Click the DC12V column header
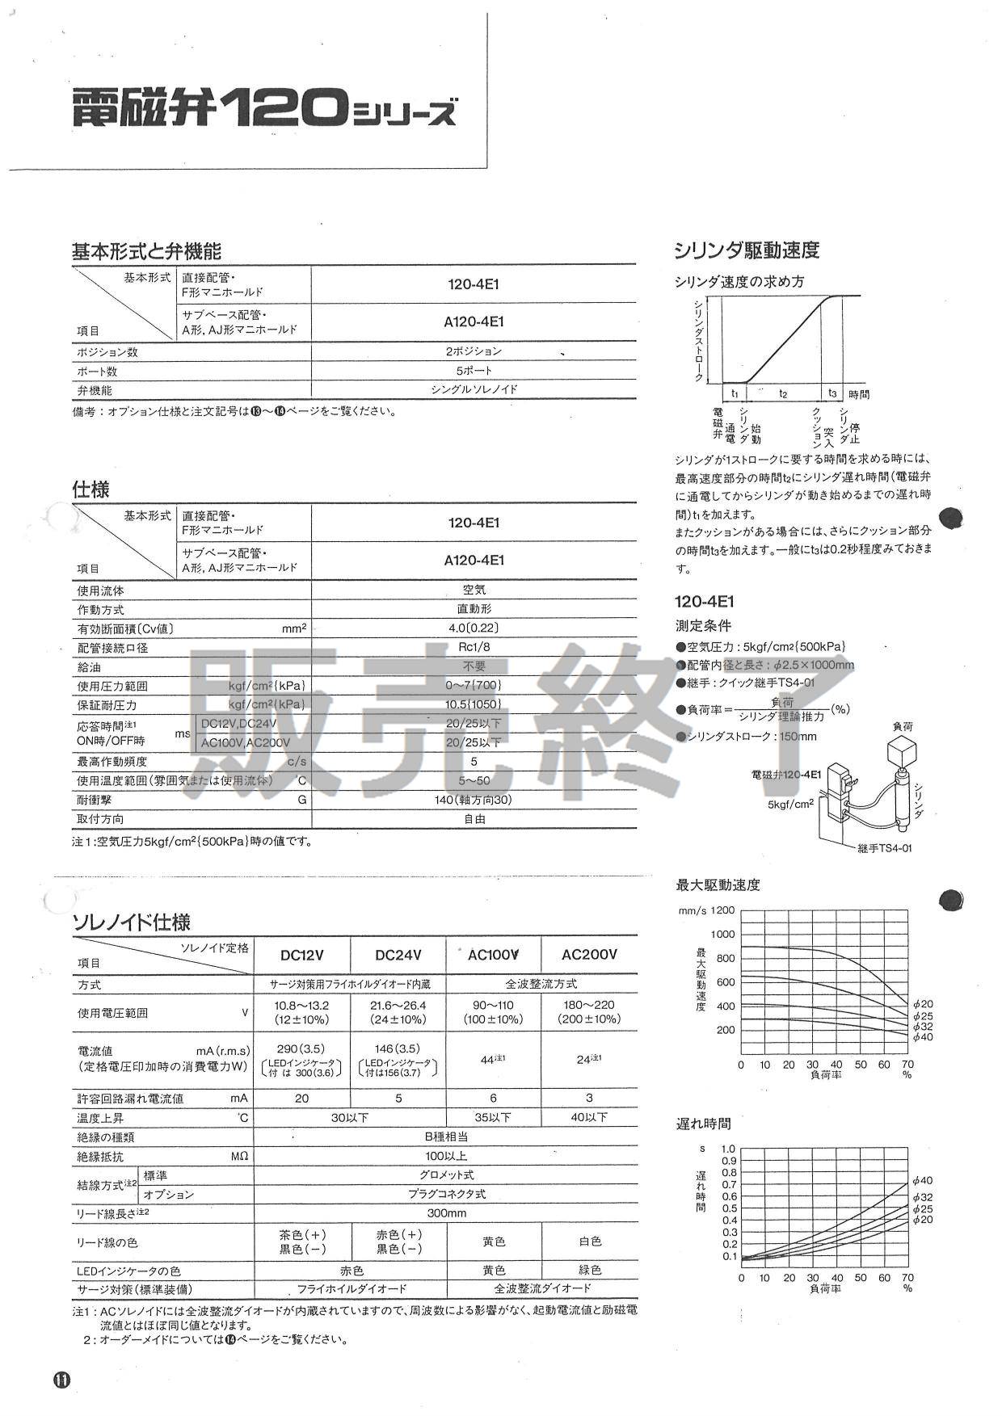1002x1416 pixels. point(301,955)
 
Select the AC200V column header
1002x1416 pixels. point(589,955)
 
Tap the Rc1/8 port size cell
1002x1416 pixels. point(474,647)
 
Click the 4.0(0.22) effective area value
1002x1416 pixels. point(474,628)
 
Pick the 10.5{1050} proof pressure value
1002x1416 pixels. point(474,704)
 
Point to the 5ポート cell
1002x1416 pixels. point(474,372)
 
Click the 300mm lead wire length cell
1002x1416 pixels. point(446,1212)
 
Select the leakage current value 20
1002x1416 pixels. point(301,1098)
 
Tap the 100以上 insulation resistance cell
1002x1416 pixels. point(446,1156)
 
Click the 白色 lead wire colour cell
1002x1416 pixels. point(590,1241)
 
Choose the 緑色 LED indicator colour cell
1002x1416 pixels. point(590,1270)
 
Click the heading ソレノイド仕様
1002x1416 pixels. point(132,922)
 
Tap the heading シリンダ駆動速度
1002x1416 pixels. point(747,250)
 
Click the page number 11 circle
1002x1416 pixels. point(62,1380)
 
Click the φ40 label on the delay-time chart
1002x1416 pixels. point(922,1181)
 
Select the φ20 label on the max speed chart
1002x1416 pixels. point(922,1004)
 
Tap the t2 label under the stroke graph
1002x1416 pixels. point(782,393)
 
